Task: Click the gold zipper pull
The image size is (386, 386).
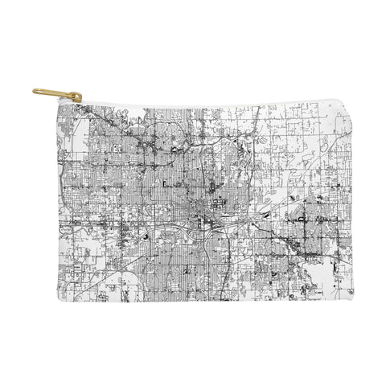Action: (x=57, y=95)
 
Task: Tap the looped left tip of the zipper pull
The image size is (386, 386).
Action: (x=37, y=91)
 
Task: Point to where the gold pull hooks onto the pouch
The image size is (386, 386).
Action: (x=78, y=99)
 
